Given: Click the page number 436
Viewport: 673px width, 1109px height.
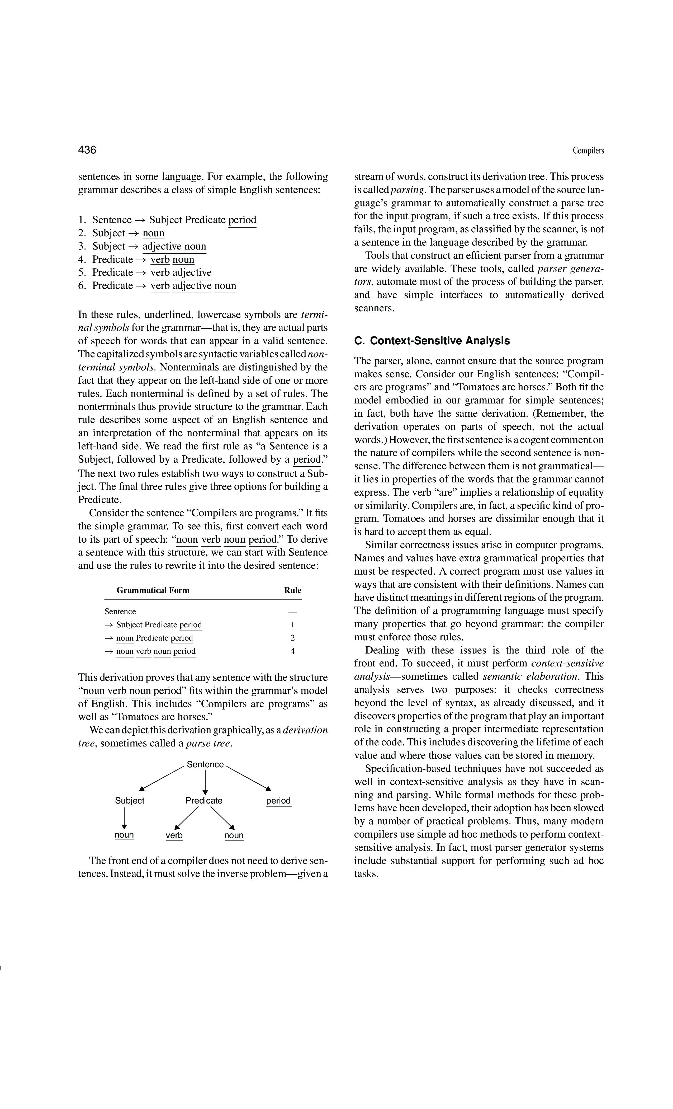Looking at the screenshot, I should point(87,150).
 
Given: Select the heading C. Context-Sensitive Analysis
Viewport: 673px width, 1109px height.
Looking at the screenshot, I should point(432,341).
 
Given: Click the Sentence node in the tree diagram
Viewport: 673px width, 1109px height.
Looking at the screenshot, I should point(205,764).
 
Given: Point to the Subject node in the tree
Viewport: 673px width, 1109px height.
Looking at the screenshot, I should point(130,800).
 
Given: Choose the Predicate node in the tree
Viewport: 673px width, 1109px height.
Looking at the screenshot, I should point(204,800).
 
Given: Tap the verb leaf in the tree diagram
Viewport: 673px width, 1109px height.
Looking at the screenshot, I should point(174,835).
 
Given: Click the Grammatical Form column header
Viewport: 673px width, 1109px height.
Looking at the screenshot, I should point(153,590).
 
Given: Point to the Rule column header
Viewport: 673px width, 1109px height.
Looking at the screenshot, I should point(292,590).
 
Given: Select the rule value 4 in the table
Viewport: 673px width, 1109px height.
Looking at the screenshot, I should point(292,651).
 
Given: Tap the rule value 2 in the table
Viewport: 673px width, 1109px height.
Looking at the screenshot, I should point(292,638).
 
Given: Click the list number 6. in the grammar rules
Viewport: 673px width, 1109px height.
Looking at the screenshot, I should point(82,286).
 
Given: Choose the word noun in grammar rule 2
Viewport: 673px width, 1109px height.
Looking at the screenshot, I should point(153,233).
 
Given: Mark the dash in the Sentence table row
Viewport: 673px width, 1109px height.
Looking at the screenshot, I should point(292,612).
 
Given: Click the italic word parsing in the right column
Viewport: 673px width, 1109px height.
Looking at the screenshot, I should point(407,190).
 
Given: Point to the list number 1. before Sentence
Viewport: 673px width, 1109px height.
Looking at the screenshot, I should point(82,220).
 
